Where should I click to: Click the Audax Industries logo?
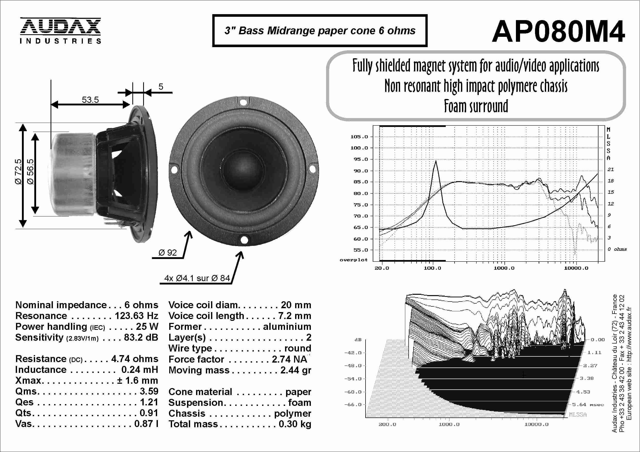tap(60, 31)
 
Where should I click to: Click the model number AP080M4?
tap(558, 31)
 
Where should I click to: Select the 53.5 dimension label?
tap(90, 99)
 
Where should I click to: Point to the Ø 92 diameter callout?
tap(167, 253)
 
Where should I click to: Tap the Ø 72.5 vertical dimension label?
tap(18, 172)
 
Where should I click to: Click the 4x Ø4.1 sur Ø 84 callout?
tap(197, 278)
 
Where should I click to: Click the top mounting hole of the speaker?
tap(243, 102)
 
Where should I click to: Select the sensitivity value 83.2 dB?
tap(141, 337)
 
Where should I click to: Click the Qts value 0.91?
tap(149, 413)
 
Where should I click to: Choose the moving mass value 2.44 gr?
tap(295, 370)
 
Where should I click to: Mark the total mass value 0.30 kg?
tap(295, 424)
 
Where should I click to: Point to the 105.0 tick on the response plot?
tap(359, 137)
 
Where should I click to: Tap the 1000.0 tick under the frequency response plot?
tap(504, 268)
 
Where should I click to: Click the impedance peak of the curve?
tap(436, 161)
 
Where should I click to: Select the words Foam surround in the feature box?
tap(476, 106)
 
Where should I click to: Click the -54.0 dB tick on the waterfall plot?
tap(353, 379)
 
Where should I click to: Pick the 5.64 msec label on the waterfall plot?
tap(588, 405)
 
